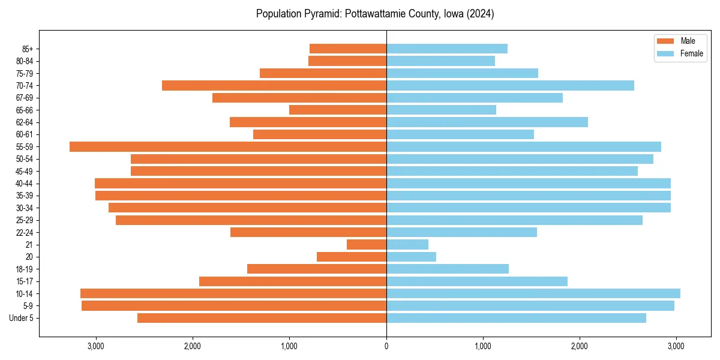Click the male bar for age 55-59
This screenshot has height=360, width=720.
click(228, 146)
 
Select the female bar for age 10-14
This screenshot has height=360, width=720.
click(533, 293)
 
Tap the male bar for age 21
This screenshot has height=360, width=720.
click(367, 244)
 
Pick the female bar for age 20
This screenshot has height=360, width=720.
click(411, 257)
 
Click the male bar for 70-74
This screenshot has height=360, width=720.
click(274, 85)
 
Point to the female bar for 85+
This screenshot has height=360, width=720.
click(446, 49)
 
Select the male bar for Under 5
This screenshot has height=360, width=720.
click(262, 318)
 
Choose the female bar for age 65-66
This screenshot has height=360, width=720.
click(441, 110)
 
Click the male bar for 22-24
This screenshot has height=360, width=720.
click(308, 232)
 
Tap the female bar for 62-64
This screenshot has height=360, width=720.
click(487, 122)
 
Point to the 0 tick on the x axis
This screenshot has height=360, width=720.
click(386, 346)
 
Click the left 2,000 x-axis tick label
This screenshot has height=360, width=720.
click(193, 346)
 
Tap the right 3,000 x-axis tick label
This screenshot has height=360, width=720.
click(676, 346)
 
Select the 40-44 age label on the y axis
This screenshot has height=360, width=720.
click(25, 184)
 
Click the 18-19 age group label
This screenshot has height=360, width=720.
click(25, 269)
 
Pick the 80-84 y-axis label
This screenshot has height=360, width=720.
click(25, 61)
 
